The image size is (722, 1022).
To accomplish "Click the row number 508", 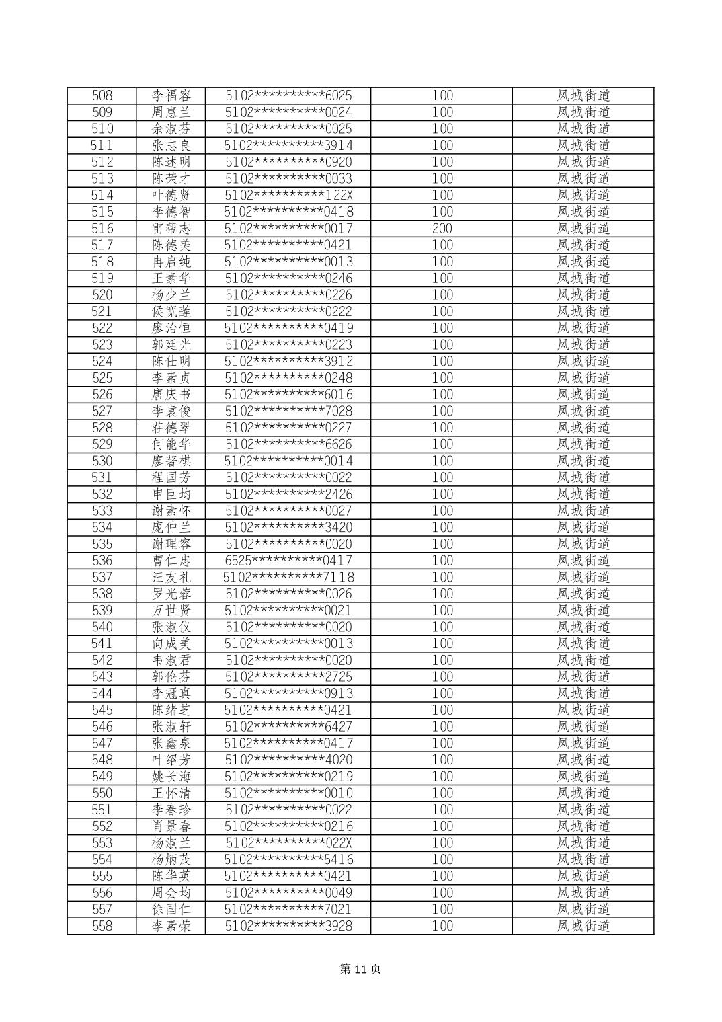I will (x=102, y=96).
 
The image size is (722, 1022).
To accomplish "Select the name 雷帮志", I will (x=171, y=229).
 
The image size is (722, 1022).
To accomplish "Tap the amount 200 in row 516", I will (x=442, y=229).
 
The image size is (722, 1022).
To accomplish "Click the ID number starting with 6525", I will (x=288, y=561).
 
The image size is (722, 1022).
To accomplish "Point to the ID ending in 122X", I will (x=288, y=196).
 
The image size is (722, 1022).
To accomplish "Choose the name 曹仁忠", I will (x=171, y=561).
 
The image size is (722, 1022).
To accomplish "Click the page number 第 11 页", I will (x=360, y=969).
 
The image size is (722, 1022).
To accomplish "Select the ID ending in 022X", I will (x=288, y=843).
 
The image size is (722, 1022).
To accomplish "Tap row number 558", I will (x=102, y=926).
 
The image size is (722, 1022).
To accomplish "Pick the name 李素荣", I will (x=171, y=926).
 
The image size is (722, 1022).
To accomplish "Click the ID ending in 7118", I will (x=288, y=578).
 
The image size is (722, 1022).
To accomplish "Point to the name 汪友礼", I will (x=171, y=578).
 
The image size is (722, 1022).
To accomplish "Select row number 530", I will (x=102, y=461).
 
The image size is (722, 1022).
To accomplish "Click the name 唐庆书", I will (x=171, y=395).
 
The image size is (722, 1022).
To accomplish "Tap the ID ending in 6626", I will (x=288, y=444).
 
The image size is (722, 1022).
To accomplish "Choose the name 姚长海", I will (x=171, y=777).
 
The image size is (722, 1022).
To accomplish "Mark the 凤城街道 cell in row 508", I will (x=583, y=96).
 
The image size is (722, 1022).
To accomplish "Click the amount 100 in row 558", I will (x=442, y=926).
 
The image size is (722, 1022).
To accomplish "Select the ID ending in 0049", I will (x=288, y=893).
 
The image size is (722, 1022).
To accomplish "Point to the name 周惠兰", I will (x=171, y=113).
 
